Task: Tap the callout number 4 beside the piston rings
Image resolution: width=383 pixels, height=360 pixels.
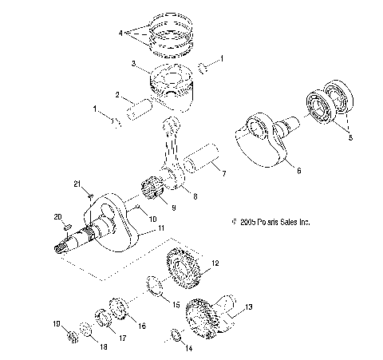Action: [x=120, y=34]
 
